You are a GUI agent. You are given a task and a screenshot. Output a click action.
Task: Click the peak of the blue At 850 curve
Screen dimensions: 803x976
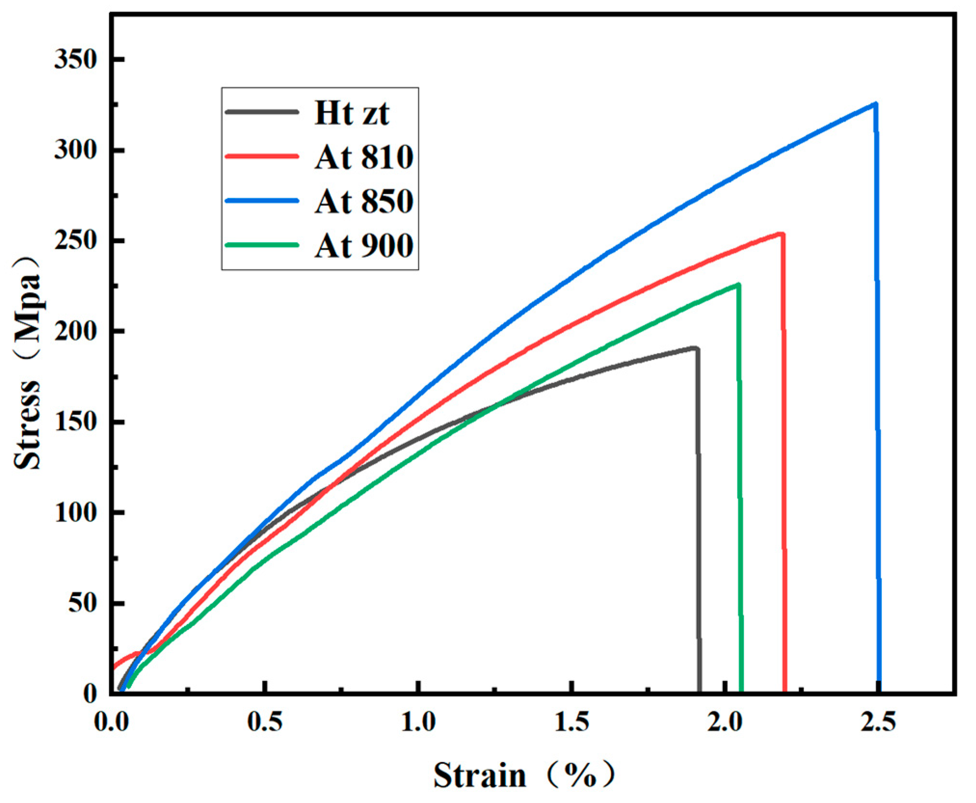pos(875,104)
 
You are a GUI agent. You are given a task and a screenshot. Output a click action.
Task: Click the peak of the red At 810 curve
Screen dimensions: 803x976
pos(781,234)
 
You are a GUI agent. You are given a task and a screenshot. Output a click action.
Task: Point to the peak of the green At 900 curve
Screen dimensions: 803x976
pos(738,285)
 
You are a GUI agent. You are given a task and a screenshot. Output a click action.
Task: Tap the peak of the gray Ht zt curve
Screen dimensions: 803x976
pos(695,348)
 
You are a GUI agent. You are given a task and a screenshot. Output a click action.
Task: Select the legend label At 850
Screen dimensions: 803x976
pos(364,201)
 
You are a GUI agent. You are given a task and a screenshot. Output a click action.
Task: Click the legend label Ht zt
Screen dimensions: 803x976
pos(352,113)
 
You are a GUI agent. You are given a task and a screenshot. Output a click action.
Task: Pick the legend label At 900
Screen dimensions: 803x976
pos(364,245)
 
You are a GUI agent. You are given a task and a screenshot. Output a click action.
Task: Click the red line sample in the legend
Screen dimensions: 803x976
pos(262,156)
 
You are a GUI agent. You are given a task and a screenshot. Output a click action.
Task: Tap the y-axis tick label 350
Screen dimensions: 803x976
pos(76,60)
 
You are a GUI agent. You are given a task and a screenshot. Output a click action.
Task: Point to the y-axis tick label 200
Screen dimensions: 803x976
pos(76,332)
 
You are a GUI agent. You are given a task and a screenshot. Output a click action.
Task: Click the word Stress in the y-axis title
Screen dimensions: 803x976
pos(27,424)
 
